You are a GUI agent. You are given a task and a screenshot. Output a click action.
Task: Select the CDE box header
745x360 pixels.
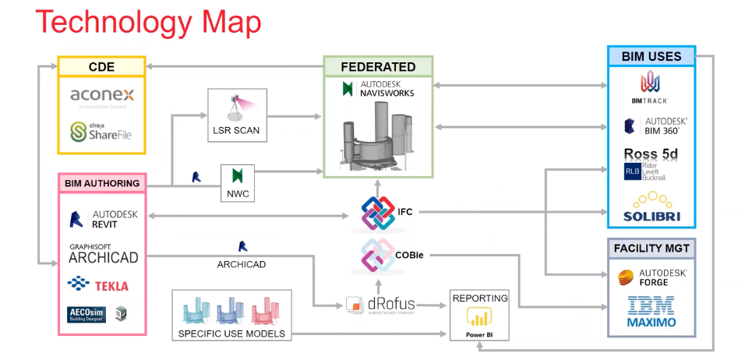(x=102, y=67)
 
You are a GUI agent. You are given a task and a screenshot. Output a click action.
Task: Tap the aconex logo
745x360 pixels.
(x=102, y=96)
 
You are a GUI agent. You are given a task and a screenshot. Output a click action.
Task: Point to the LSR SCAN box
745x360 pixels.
(x=238, y=115)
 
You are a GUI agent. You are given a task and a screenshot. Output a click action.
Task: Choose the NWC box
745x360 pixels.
(x=238, y=181)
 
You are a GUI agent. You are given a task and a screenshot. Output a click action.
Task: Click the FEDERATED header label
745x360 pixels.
(x=378, y=67)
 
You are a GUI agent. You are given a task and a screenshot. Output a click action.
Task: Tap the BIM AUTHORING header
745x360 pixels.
(x=102, y=184)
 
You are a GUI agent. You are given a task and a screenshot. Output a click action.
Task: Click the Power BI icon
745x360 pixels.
(x=478, y=318)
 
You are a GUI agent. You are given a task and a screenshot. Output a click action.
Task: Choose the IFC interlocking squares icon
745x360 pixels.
(x=379, y=213)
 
